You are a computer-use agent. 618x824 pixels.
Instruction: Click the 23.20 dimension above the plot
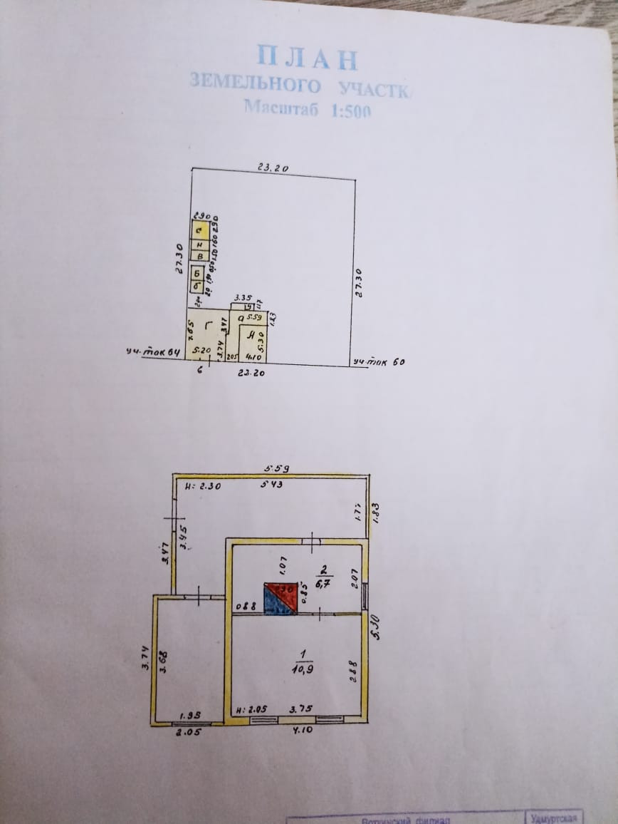click(x=272, y=168)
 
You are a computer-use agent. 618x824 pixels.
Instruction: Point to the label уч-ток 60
click(x=379, y=362)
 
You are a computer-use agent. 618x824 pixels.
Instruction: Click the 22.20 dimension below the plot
click(x=251, y=373)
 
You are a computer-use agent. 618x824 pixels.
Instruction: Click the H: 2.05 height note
click(x=251, y=710)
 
